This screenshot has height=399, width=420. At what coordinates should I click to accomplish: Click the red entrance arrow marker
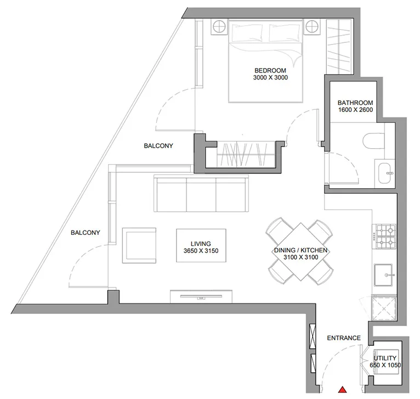[342, 390]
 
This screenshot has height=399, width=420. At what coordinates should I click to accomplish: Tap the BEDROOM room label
[270, 70]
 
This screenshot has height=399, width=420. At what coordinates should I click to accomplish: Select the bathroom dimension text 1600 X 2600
[355, 110]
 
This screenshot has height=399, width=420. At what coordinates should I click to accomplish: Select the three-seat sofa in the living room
[201, 194]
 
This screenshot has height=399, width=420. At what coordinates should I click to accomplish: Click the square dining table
[300, 251]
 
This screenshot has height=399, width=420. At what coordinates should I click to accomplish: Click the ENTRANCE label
[343, 338]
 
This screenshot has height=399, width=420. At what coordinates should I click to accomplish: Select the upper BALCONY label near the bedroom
[158, 146]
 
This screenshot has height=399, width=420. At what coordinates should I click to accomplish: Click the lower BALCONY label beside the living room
[86, 232]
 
